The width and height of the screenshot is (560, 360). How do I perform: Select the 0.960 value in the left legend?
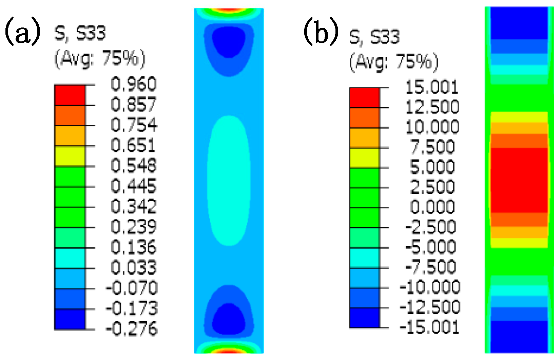pyautogui.click(x=134, y=84)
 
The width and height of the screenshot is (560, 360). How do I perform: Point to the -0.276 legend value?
pyautogui.click(x=132, y=328)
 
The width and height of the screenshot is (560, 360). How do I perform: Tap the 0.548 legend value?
pyautogui.click(x=134, y=166)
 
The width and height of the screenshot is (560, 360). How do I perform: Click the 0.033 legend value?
pyautogui.click(x=134, y=267)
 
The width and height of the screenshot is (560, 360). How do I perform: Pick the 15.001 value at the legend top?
pyautogui.click(x=432, y=87)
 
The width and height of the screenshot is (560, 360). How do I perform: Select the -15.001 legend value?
pyautogui.click(x=430, y=327)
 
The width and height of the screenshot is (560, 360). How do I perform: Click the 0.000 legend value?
pyautogui.click(x=432, y=207)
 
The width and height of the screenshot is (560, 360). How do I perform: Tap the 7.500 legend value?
pyautogui.click(x=432, y=147)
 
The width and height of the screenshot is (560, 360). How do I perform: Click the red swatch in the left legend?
pyautogui.click(x=70, y=95)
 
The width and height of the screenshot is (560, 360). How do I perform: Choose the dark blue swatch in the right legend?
pyautogui.click(x=364, y=318)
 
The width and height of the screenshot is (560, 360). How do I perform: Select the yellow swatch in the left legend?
pyautogui.click(x=70, y=156)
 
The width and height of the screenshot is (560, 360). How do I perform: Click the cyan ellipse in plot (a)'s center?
pyautogui.click(x=229, y=181)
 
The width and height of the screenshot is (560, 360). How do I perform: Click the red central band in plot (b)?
pyautogui.click(x=519, y=180)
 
